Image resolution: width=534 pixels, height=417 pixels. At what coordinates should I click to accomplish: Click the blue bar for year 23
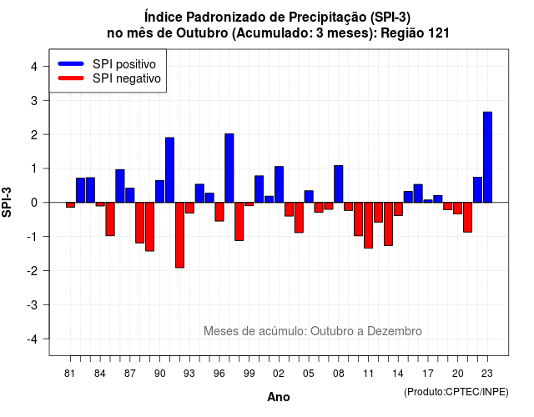click(487, 158)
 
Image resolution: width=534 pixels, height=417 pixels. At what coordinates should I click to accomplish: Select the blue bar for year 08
click(339, 183)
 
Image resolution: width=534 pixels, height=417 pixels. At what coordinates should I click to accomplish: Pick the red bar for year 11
click(368, 225)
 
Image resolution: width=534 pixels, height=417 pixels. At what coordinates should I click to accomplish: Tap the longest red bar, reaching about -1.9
click(180, 235)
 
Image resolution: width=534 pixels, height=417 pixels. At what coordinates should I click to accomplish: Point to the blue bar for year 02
click(279, 184)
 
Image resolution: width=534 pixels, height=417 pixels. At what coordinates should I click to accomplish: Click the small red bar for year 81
click(70, 205)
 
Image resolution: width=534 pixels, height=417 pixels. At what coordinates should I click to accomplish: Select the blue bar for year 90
click(159, 191)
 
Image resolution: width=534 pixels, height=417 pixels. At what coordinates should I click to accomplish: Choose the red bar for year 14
click(398, 209)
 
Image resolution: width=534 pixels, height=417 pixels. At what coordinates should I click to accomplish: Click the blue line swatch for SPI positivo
click(71, 63)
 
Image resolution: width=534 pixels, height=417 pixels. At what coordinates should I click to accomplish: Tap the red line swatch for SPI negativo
click(71, 78)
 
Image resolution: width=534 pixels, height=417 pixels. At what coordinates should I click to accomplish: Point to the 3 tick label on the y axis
click(34, 100)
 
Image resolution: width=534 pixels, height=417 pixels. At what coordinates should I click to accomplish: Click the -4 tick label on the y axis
click(33, 339)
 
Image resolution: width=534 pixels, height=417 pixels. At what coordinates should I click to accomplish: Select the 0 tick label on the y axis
click(34, 203)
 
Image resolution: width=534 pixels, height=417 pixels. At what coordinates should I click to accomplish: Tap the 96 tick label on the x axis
click(219, 374)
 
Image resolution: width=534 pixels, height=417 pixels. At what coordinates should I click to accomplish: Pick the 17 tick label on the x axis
click(428, 374)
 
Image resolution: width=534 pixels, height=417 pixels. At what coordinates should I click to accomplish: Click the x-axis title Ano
click(279, 397)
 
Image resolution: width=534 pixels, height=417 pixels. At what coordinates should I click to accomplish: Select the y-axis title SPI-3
click(7, 202)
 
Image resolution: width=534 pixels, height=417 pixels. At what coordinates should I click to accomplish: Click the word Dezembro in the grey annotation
click(395, 331)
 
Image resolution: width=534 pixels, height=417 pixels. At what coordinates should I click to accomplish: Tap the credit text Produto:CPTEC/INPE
click(456, 392)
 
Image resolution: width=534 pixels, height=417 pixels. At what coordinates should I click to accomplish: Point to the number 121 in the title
click(440, 33)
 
